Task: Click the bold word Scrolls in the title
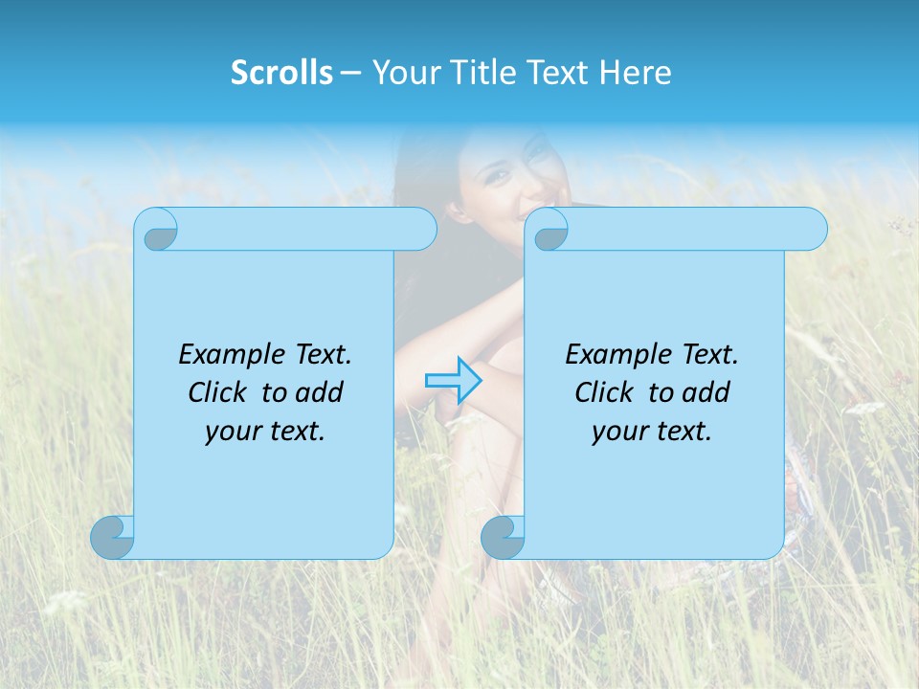point(281,73)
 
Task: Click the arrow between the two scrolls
point(453,380)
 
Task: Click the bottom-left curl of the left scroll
point(112,537)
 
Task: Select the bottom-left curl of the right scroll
point(503,537)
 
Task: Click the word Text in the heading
point(558,73)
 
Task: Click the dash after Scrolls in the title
point(350,73)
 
